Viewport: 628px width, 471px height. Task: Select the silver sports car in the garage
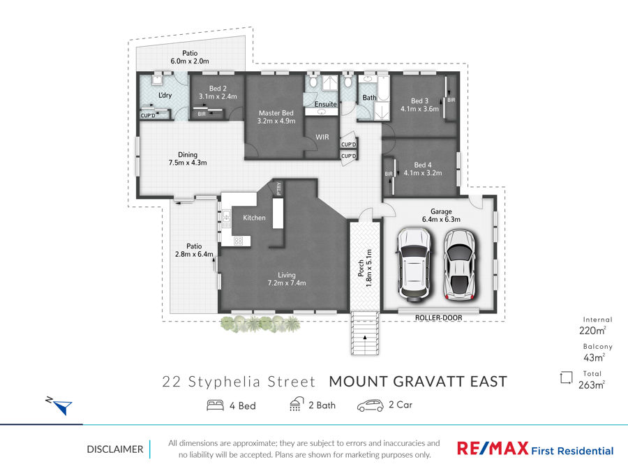point(461,265)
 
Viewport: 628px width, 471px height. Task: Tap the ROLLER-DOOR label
point(439,317)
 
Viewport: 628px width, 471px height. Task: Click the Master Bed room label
point(276,117)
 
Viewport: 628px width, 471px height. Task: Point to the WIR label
point(322,137)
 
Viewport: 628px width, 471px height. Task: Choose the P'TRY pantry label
point(278,188)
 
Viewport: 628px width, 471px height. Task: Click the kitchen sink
point(227,219)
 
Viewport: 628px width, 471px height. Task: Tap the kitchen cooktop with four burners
point(239,241)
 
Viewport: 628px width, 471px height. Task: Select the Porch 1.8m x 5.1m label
point(365,268)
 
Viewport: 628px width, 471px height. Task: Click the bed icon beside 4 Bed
point(215,405)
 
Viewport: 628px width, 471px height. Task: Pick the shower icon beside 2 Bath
point(297,405)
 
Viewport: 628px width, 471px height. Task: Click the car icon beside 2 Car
point(370,405)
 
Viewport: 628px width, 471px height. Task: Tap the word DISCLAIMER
point(115,449)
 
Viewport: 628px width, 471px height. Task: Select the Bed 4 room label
point(423,169)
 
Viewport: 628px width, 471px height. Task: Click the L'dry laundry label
point(165,96)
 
